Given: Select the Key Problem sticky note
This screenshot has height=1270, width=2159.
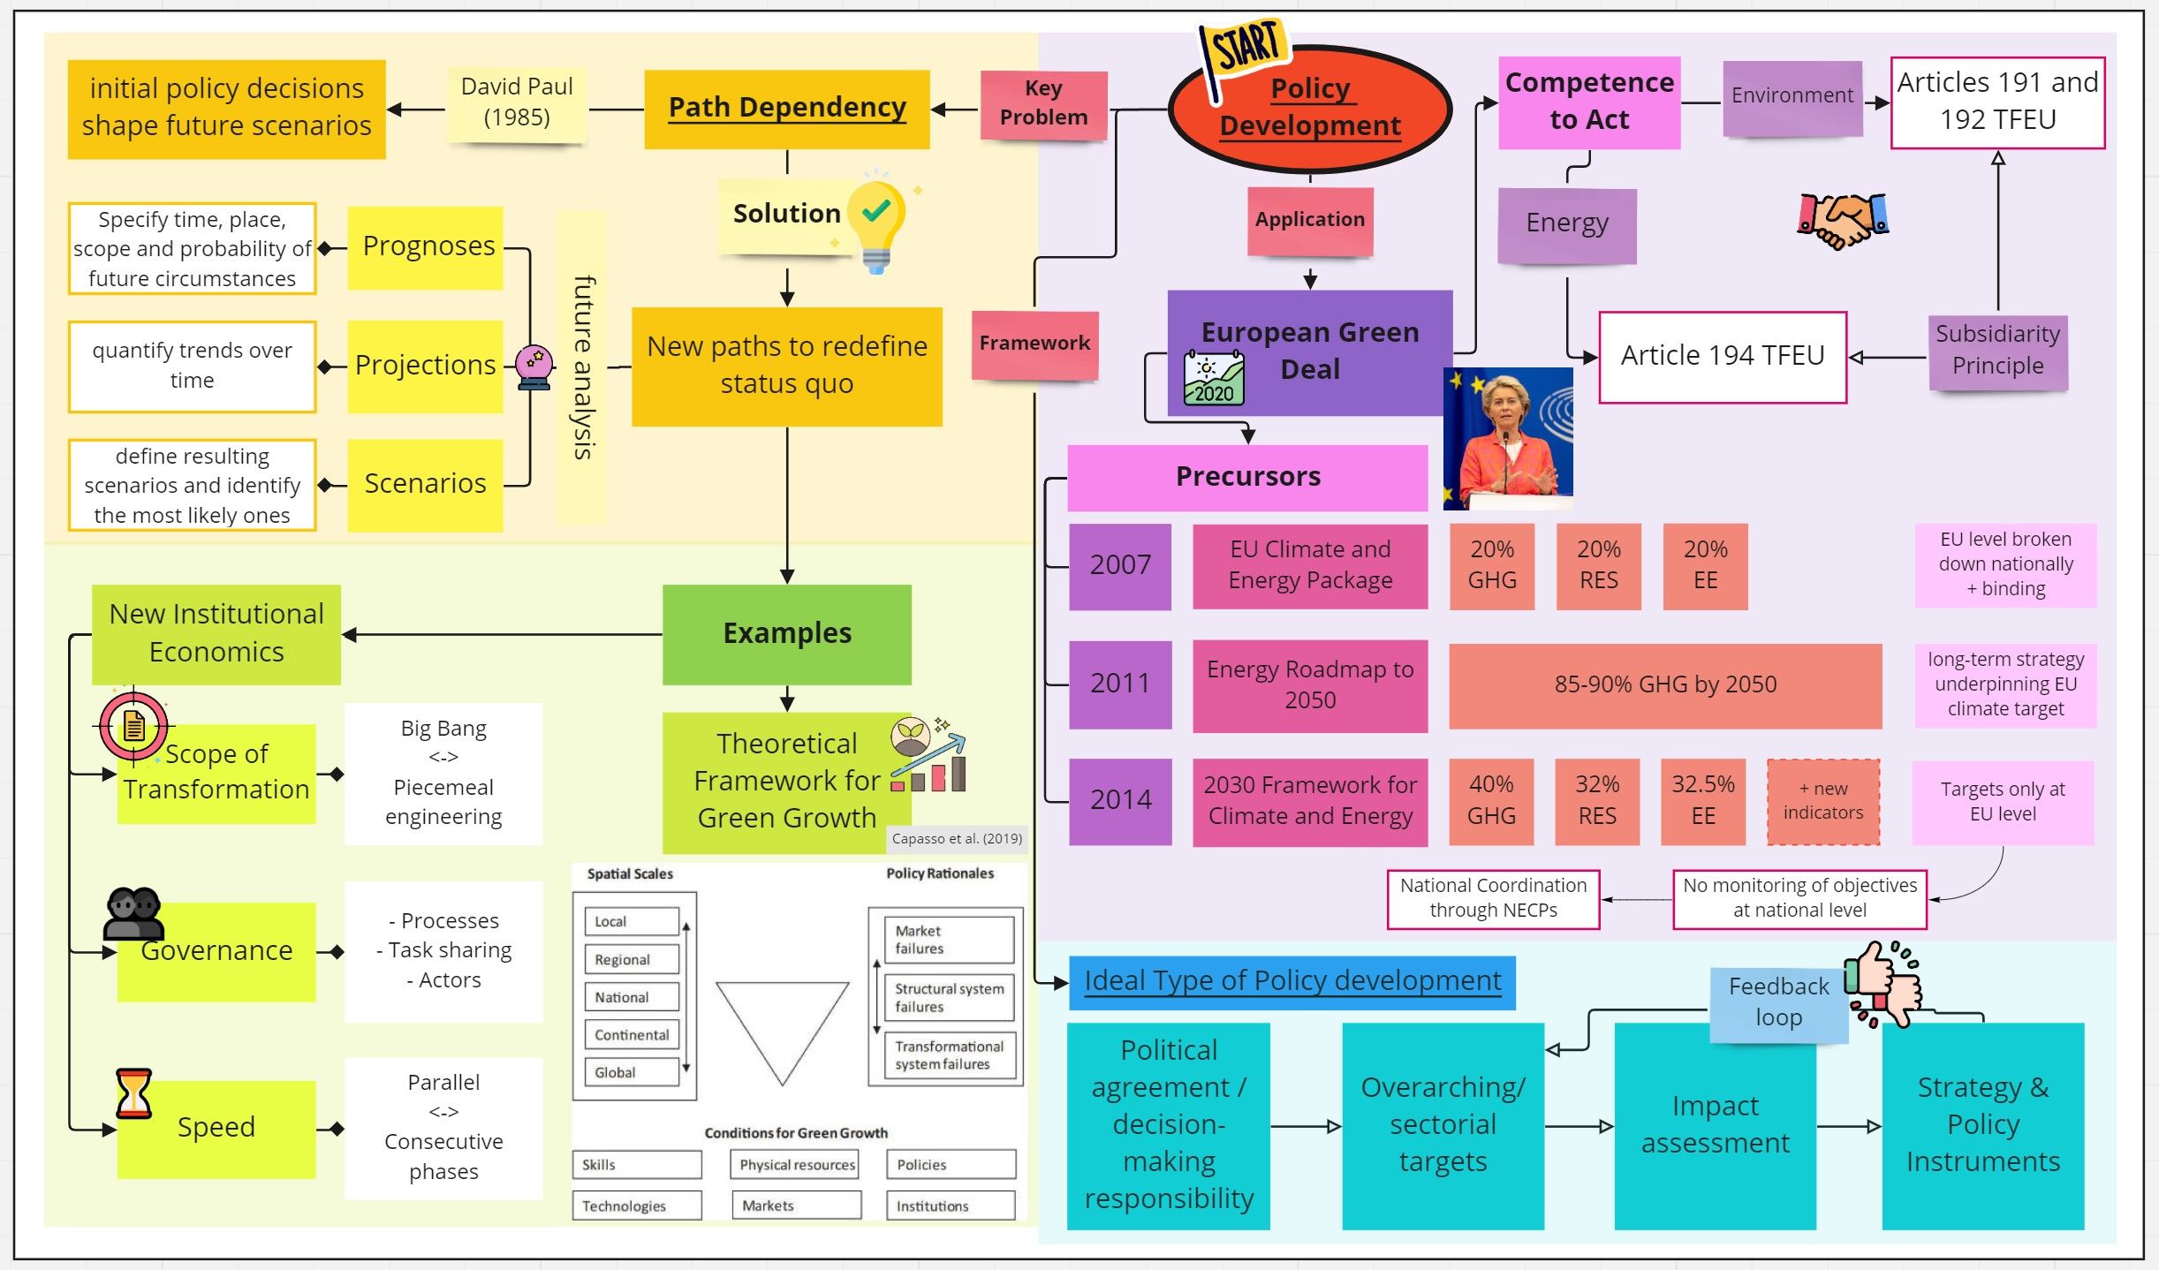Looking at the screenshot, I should (1043, 103).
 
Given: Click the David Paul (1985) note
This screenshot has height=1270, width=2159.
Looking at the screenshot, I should (517, 102).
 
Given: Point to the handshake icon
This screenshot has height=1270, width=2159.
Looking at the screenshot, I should (1843, 221).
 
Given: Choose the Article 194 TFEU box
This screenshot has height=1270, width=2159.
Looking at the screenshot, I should (1722, 356).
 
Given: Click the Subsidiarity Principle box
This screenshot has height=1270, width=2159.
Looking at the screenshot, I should (1997, 351).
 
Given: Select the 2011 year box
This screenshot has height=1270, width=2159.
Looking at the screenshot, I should (1120, 684).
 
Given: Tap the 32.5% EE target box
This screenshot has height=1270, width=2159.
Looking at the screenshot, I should (1702, 800).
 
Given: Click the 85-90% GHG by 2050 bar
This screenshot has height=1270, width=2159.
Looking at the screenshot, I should (1665, 684).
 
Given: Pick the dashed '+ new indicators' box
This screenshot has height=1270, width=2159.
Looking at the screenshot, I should (1822, 801).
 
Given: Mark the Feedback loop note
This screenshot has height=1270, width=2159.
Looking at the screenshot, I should (1778, 1003).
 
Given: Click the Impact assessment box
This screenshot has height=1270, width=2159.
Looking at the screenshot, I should (1715, 1124).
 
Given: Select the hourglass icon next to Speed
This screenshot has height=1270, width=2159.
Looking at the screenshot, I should (133, 1092).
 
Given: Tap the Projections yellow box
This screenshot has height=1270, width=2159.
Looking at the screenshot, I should (425, 366).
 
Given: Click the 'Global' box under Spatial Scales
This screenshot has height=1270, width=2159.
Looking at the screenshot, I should (631, 1072).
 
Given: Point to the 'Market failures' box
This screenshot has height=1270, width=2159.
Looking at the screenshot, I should (949, 940).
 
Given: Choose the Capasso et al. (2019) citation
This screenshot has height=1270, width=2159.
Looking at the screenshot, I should (957, 839).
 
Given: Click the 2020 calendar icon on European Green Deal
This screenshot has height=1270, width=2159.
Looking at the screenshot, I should (1214, 379).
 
